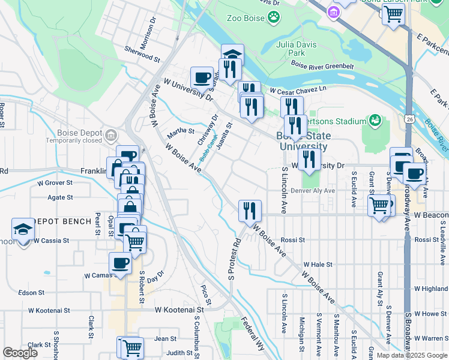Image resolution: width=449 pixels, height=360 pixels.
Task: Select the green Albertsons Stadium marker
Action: [375, 121]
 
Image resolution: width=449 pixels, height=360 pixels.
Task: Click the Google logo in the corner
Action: [20, 353]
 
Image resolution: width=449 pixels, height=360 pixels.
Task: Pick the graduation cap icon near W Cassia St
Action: [23, 229]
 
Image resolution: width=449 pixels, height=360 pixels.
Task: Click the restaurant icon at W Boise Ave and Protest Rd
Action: [250, 211]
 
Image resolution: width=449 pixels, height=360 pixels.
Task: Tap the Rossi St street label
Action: [293, 239]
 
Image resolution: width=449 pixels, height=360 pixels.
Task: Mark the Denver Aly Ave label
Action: [312, 190]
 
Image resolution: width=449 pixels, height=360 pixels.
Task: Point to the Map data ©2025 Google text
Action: [411, 355]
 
